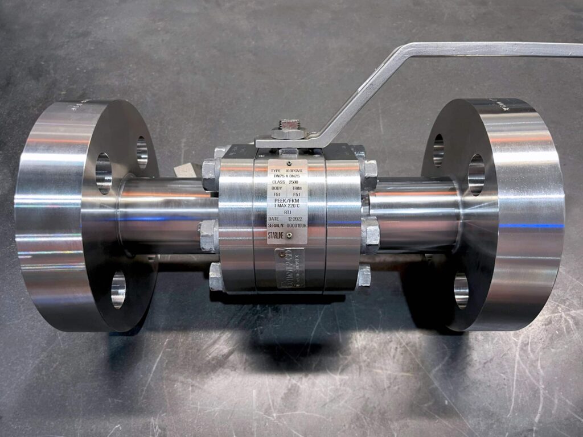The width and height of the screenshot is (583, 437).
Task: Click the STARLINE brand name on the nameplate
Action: click(x=277, y=235)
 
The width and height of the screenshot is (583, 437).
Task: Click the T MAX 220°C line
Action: click(x=288, y=206)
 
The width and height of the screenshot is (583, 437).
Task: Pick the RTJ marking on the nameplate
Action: click(x=288, y=212)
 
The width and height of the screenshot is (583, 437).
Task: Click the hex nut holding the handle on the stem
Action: click(x=288, y=130)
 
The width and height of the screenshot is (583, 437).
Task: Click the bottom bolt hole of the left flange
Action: click(x=118, y=288)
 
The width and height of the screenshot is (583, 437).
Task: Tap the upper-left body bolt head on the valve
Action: click(x=210, y=171)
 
